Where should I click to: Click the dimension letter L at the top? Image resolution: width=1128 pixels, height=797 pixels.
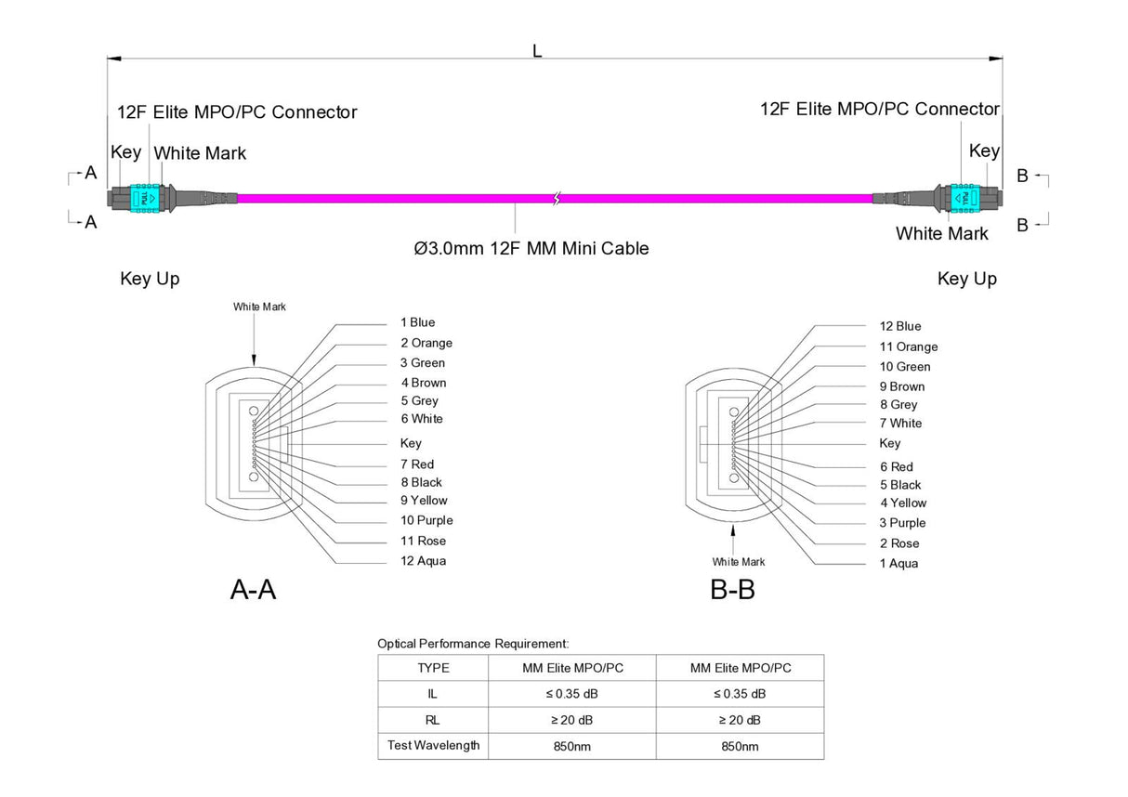click(x=537, y=52)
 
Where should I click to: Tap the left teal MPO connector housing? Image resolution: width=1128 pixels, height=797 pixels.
click(x=145, y=198)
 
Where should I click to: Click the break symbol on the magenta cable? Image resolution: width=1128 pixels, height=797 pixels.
click(x=556, y=198)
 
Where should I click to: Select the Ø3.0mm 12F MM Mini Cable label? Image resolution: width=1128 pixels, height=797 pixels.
click(x=531, y=248)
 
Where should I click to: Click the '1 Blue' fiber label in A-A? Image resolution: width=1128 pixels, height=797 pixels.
click(x=417, y=322)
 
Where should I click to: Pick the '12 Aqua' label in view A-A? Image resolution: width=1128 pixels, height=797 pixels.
click(x=423, y=561)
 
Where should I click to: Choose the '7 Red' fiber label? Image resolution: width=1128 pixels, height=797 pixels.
click(x=417, y=464)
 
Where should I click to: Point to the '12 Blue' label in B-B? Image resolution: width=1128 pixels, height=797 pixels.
click(x=900, y=326)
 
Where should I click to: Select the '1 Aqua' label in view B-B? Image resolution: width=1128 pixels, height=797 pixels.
click(x=898, y=564)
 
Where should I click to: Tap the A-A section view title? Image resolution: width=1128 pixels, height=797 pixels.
click(x=253, y=590)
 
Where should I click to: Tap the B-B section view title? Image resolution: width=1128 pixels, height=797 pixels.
click(x=732, y=590)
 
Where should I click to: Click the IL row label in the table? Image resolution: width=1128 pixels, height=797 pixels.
click(x=433, y=694)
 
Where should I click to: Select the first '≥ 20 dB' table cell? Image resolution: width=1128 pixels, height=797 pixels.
click(x=571, y=720)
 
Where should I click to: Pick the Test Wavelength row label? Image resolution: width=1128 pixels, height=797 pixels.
click(x=433, y=746)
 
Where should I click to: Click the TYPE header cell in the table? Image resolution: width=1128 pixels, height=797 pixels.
click(x=433, y=668)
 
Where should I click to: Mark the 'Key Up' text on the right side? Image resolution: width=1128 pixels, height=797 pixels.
click(x=966, y=279)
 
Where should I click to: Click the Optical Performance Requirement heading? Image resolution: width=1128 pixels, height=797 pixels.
click(x=473, y=643)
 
